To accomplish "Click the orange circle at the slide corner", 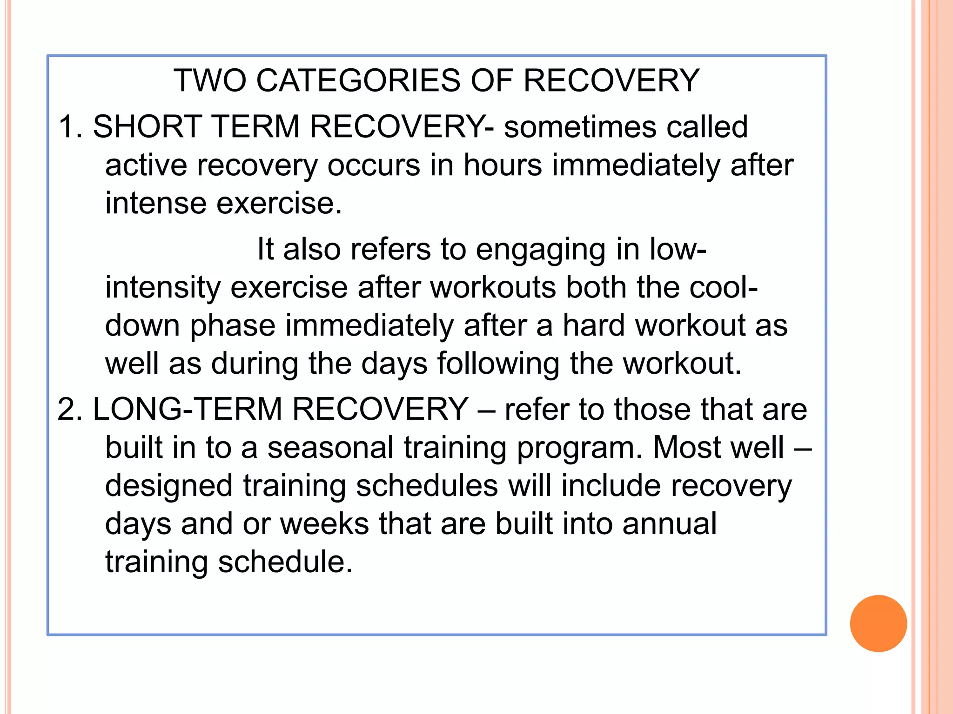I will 878,623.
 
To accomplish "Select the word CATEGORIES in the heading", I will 358,80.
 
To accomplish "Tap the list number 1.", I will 68,126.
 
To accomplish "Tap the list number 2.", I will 68,409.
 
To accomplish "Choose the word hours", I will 503,165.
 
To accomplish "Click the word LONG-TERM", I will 188,409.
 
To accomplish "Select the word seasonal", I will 330,448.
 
